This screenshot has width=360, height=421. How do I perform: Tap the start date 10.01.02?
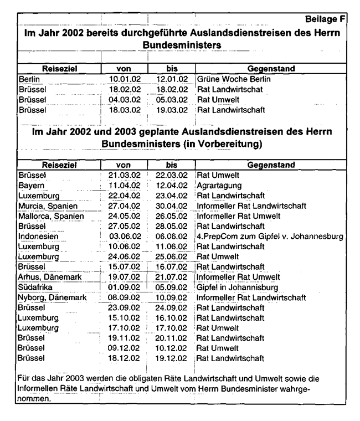click(x=121, y=79)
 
